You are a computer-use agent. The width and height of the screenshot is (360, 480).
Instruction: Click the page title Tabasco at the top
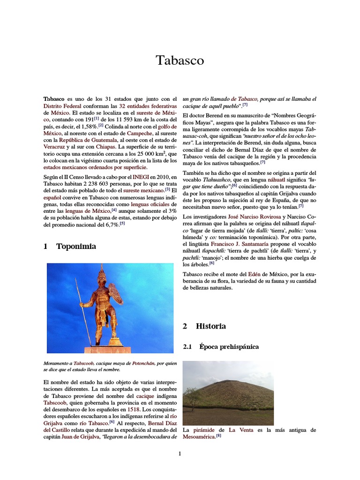tap(180, 60)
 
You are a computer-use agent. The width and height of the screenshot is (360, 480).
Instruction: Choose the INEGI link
tap(141, 177)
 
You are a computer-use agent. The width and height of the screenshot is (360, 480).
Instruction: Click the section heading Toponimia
tap(76, 246)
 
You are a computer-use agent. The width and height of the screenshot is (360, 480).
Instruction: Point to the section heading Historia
tap(210, 326)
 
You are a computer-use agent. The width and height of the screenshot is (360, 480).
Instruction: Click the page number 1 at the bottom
tap(180, 454)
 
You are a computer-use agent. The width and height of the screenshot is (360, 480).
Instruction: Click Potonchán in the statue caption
tap(144, 363)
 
